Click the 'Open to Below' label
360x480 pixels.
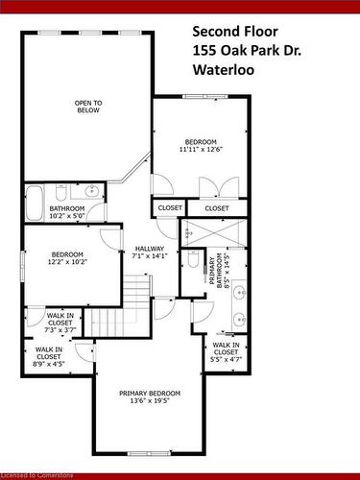88,107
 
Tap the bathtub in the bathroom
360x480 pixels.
35,203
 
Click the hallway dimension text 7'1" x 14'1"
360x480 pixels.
150,255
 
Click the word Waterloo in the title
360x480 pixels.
224,70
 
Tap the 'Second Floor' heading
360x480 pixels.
235,32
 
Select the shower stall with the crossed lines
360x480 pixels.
213,232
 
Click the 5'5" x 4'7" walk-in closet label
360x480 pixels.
226,352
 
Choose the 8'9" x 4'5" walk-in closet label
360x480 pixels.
49,356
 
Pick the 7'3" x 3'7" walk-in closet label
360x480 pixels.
60,323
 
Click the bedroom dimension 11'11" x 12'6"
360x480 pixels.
201,149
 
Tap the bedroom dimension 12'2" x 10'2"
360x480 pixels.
67,261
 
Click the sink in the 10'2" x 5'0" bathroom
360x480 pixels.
91,192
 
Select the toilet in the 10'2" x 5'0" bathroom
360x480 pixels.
60,191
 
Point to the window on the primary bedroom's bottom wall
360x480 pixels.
149,453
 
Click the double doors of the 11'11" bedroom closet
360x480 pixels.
219,188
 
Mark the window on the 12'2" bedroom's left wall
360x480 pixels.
23,267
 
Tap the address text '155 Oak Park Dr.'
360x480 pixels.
247,51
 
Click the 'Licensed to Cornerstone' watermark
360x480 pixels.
36,475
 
